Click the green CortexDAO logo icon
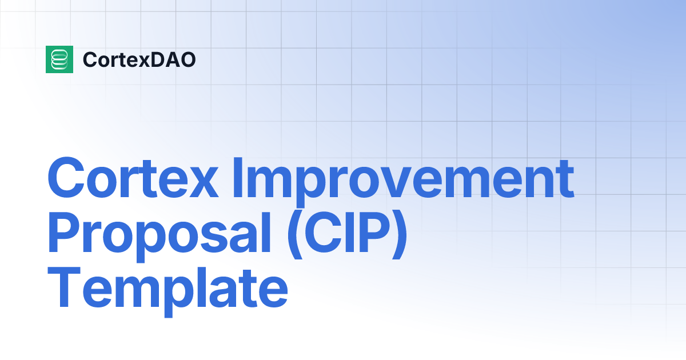pos(59,59)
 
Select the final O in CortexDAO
pos(188,59)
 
